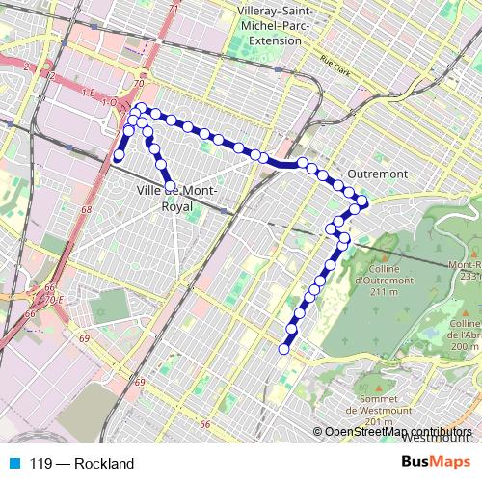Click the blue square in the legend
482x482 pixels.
tap(12, 463)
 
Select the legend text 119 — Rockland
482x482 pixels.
tap(81, 463)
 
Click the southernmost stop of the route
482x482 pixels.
tap(284, 349)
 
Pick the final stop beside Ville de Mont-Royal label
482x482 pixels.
tap(171, 186)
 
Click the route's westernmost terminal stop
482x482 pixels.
tap(120, 155)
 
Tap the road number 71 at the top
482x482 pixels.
tap(174, 9)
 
